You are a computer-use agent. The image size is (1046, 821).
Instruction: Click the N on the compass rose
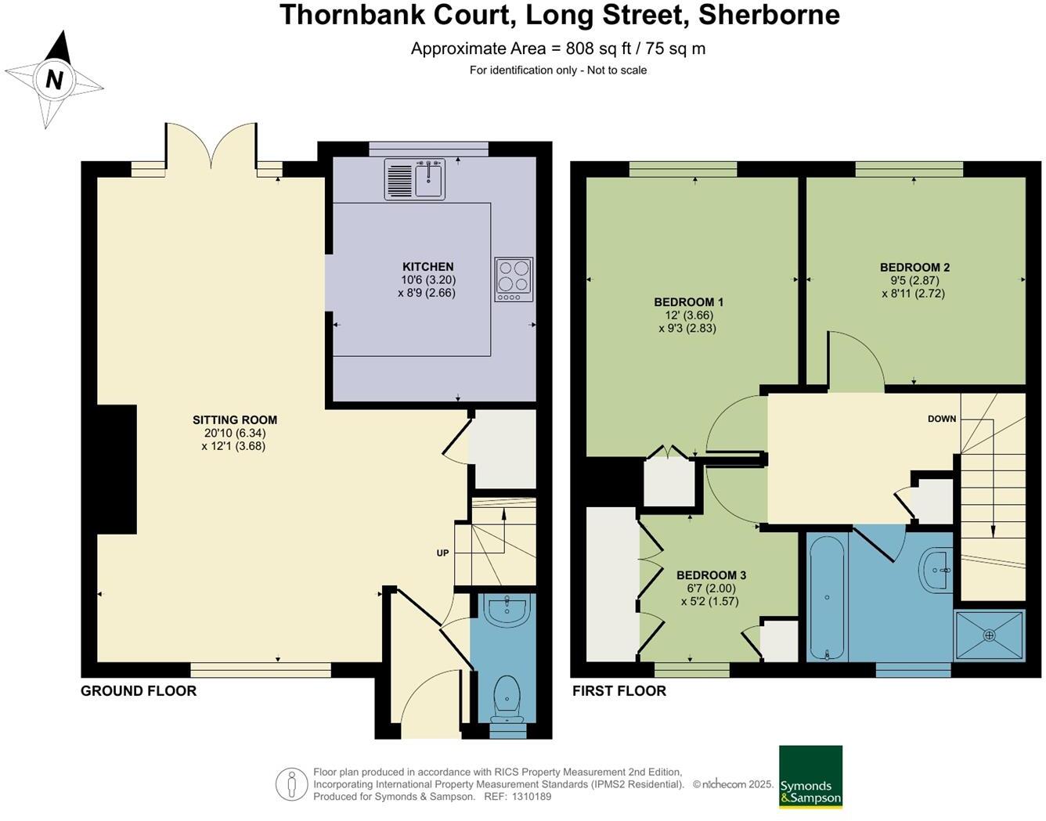tap(54, 80)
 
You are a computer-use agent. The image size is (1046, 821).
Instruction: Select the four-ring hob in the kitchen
tap(514, 279)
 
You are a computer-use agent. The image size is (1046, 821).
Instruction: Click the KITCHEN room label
tap(428, 266)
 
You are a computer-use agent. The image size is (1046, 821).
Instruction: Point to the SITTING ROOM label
tap(235, 420)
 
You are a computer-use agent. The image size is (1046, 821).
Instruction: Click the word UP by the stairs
tap(442, 553)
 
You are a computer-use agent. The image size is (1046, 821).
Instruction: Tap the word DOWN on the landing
tap(942, 419)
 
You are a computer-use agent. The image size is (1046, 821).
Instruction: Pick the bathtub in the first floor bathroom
tap(827, 598)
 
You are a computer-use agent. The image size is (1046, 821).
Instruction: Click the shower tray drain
tap(989, 636)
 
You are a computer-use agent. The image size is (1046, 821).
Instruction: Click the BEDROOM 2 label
tap(914, 268)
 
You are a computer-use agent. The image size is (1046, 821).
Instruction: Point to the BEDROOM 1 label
tap(688, 302)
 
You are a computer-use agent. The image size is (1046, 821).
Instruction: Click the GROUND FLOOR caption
tap(139, 691)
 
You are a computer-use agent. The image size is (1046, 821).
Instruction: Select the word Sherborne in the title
tap(769, 15)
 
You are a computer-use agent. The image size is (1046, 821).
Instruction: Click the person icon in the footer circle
tap(292, 784)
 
